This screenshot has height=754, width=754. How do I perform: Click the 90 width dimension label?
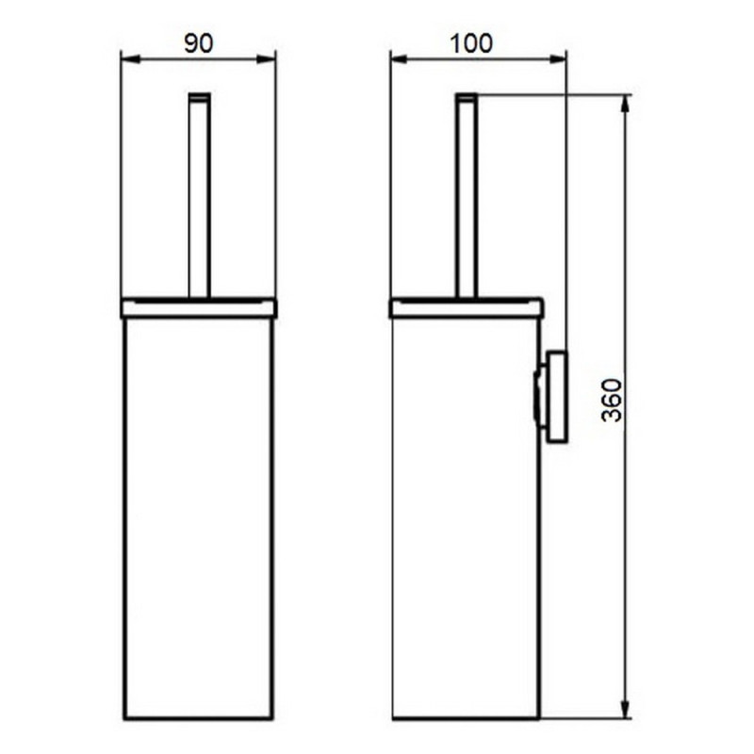[199, 42]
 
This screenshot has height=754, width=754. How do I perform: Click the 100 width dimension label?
[471, 42]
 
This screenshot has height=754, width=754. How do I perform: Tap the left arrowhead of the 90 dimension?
[127, 58]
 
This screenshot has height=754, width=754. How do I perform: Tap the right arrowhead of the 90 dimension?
[270, 58]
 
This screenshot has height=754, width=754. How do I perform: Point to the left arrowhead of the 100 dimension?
[397, 58]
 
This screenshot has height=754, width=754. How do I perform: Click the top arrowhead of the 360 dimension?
[625, 101]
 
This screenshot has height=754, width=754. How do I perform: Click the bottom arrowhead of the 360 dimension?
[625, 712]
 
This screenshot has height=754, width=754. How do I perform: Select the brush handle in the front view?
[199, 198]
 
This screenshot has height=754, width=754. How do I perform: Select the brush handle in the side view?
[467, 198]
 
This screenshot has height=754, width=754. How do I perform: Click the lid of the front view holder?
[199, 308]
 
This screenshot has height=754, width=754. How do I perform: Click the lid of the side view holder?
[467, 308]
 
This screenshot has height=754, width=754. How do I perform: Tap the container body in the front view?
[199, 518]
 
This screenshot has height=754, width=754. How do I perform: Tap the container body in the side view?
[466, 518]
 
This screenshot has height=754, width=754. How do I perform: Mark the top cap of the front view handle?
[199, 96]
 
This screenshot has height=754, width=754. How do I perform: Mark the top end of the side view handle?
[467, 96]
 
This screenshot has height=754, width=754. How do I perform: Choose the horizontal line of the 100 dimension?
[479, 58]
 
